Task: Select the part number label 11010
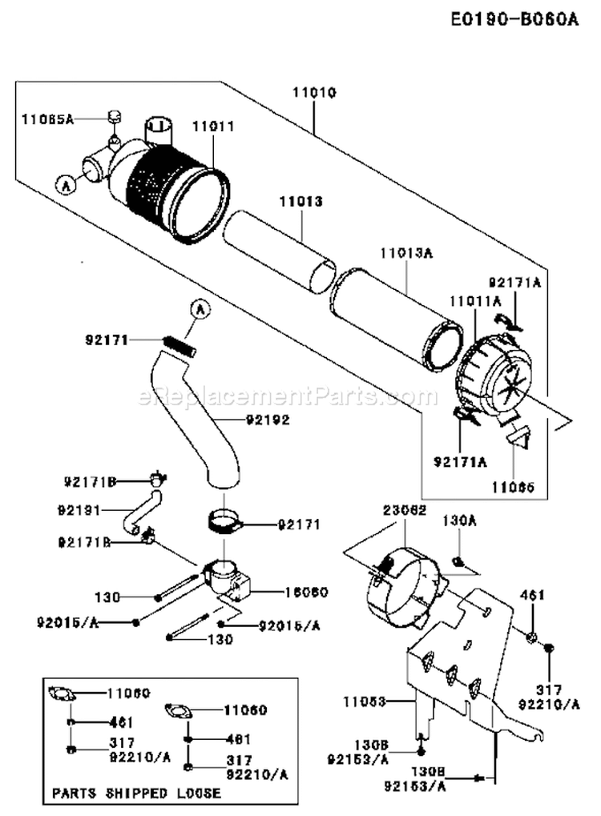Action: [313, 92]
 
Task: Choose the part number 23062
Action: [404, 508]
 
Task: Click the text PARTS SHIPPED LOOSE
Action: [136, 792]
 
